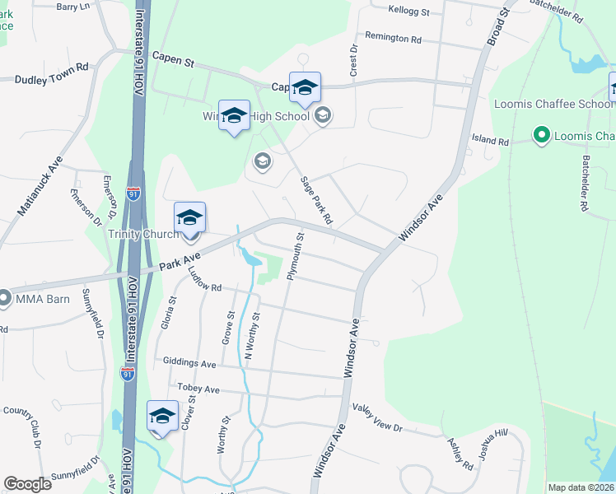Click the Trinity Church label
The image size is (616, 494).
click(143, 234)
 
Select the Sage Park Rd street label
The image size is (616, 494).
click(315, 201)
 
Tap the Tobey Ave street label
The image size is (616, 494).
click(198, 389)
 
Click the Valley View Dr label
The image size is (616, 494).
click(377, 417)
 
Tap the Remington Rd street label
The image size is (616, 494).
click(393, 38)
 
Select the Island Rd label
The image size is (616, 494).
click(491, 141)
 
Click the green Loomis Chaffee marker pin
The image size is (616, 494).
click(541, 134)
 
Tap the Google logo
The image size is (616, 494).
click(27, 484)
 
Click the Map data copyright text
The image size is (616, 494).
click(581, 487)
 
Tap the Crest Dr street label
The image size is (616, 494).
click(354, 61)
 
